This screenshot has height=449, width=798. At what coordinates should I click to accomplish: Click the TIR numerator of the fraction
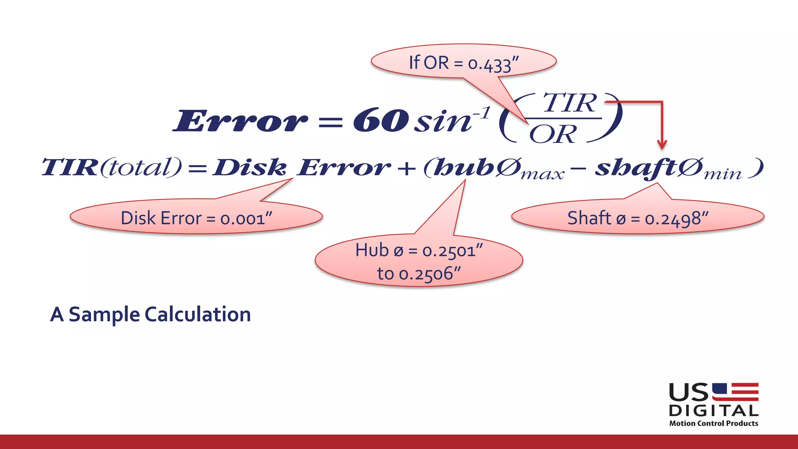570,103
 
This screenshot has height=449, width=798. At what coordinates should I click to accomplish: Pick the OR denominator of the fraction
553,134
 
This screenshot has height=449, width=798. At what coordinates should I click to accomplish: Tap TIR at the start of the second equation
70,167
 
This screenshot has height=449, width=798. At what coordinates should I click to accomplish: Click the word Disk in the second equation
249,168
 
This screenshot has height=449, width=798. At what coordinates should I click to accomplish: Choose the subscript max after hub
542,175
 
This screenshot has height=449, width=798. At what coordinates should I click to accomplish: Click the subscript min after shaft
722,175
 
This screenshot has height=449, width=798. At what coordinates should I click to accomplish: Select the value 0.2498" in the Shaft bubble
676,219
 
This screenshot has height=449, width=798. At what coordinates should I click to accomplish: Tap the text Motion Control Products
713,423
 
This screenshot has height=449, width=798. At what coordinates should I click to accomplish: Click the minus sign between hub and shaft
579,169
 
